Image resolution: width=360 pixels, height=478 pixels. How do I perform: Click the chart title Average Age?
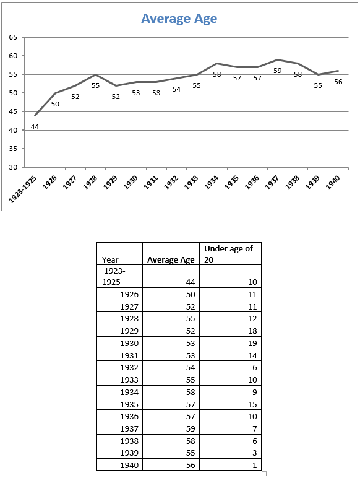pyautogui.click(x=179, y=19)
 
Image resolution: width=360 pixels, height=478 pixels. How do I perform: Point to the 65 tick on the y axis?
pyautogui.click(x=13, y=37)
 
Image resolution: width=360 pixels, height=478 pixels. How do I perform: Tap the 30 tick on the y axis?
pyautogui.click(x=13, y=167)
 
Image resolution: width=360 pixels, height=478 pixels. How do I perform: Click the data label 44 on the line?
pyautogui.click(x=35, y=127)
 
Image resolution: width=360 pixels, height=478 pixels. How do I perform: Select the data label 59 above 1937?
pyautogui.click(x=278, y=71)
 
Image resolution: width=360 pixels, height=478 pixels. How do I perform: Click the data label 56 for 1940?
pyautogui.click(x=338, y=82)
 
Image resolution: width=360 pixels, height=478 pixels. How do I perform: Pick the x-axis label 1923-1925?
pyautogui.click(x=23, y=189)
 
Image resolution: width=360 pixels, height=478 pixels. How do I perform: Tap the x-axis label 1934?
pyautogui.click(x=212, y=183)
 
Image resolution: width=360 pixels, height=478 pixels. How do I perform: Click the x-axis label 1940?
pyautogui.click(x=333, y=183)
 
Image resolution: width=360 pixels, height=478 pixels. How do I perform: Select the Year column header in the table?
pyautogui.click(x=110, y=259)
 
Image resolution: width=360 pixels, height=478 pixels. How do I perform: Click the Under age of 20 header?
pyautogui.click(x=228, y=254)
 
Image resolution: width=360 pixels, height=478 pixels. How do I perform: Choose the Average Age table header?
pyautogui.click(x=171, y=259)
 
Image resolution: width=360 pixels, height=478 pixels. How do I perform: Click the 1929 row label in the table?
pyautogui.click(x=129, y=331)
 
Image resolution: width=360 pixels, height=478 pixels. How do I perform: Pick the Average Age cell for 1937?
pyautogui.click(x=191, y=428)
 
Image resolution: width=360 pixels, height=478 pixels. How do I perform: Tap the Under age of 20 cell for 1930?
pyautogui.click(x=252, y=343)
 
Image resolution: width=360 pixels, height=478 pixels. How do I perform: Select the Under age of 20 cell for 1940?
pyautogui.click(x=255, y=465)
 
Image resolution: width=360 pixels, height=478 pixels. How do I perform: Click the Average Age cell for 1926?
pyautogui.click(x=191, y=295)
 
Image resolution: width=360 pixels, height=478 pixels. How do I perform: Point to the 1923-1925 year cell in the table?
pyautogui.click(x=113, y=277)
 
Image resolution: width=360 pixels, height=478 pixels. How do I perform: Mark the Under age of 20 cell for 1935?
pyautogui.click(x=252, y=404)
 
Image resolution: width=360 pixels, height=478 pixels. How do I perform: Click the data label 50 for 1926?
pyautogui.click(x=55, y=104)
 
